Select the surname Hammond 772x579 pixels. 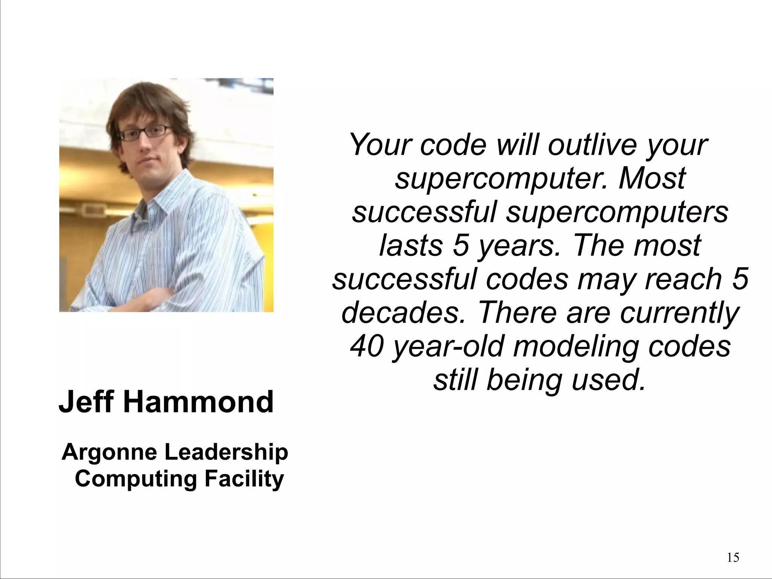coord(198,402)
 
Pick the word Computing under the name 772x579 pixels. coord(136,479)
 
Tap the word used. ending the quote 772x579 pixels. coord(608,379)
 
